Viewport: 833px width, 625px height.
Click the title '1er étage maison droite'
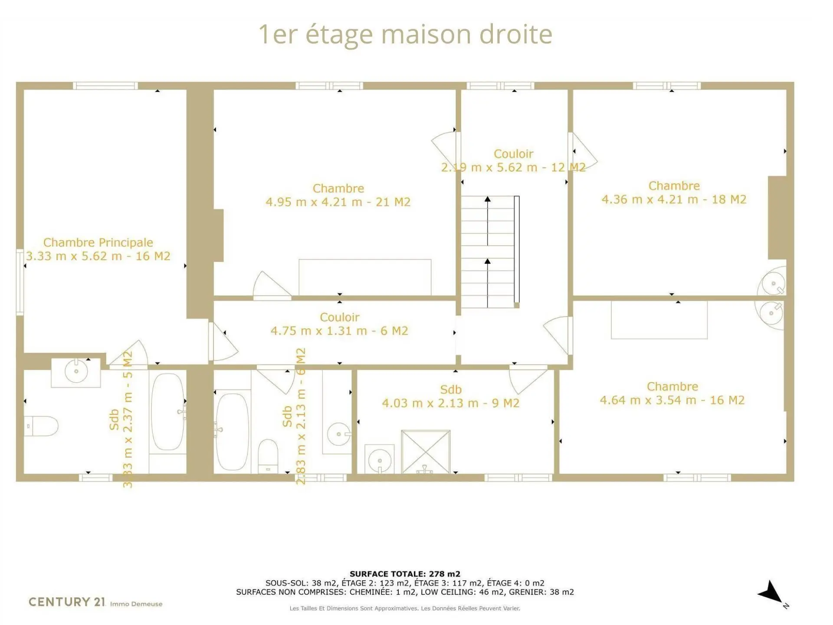click(405, 35)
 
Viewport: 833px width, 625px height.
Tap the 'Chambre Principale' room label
click(98, 242)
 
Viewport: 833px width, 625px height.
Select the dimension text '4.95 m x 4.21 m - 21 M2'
click(338, 202)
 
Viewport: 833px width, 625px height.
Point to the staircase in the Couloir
click(490, 252)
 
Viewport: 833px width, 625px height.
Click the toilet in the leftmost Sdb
click(41, 426)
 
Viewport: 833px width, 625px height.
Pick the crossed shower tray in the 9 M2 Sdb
click(426, 451)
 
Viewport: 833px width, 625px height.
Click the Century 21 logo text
click(67, 602)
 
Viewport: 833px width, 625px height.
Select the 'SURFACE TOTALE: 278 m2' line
click(405, 574)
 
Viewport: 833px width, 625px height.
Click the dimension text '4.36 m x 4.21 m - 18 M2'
click(674, 199)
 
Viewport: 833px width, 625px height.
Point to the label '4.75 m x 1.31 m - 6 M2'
click(339, 331)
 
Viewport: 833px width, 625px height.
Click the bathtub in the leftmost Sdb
click(167, 412)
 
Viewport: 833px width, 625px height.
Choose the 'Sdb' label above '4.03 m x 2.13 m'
click(451, 389)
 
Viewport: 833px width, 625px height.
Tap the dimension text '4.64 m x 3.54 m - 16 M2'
click(672, 400)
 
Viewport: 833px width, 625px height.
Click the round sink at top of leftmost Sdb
click(76, 371)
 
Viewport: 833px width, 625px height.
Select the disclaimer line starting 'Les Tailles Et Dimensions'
click(405, 608)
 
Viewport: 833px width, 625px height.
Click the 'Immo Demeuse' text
click(136, 604)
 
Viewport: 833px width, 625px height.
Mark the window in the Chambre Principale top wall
click(105, 86)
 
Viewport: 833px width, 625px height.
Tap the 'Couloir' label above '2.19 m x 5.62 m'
click(514, 154)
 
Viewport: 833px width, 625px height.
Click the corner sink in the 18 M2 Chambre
click(772, 283)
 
